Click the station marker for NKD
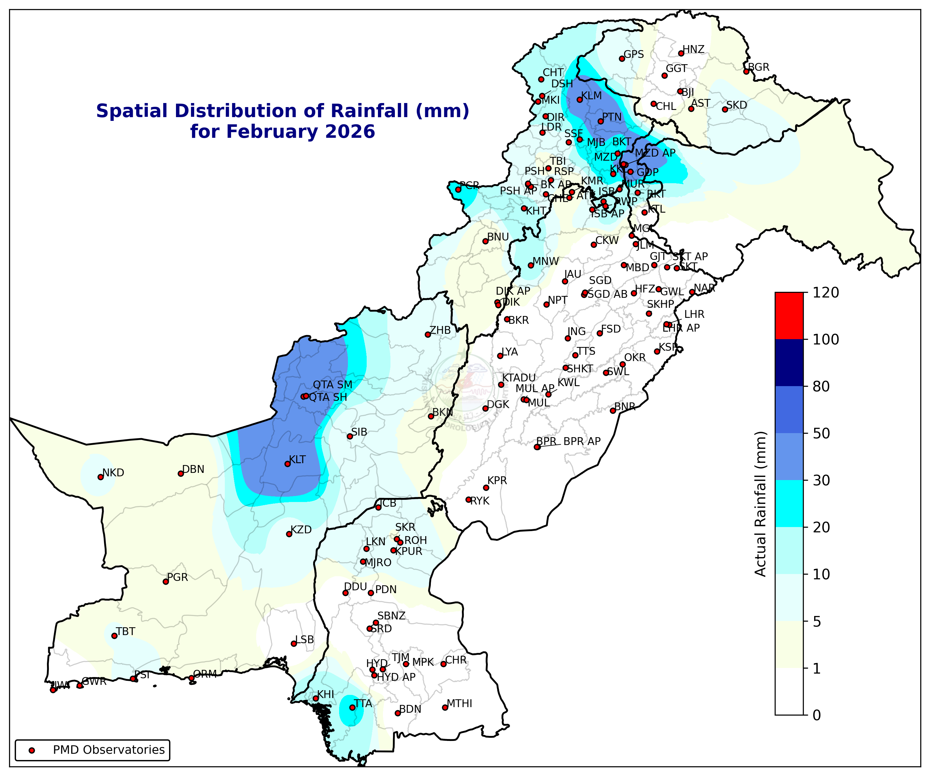(101, 477)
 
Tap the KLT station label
(297, 460)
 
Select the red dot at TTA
(352, 707)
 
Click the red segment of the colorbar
(789, 316)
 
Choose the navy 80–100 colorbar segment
(789, 363)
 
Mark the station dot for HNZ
(681, 54)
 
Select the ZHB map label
(440, 330)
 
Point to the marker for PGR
(166, 582)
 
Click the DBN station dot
(181, 473)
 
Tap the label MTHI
(459, 703)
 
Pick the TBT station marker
(114, 636)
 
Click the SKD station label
(736, 105)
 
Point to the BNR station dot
(613, 411)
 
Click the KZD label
(301, 530)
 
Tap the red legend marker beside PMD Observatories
(31, 750)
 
